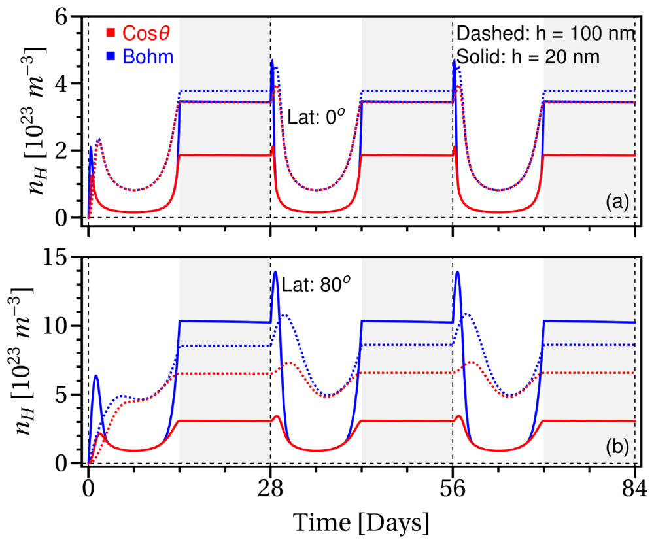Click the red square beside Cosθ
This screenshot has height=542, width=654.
[x=111, y=33]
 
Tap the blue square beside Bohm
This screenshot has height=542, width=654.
[x=111, y=56]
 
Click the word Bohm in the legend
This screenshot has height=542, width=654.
[x=148, y=56]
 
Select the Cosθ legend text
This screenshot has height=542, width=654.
[x=146, y=33]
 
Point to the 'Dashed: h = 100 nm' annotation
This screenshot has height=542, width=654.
[x=546, y=33]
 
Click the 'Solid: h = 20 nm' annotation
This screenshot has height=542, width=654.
[x=528, y=56]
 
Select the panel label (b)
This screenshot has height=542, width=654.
[x=617, y=447]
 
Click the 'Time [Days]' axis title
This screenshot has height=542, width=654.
[x=361, y=522]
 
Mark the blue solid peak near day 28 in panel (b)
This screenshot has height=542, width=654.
[x=275, y=272]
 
